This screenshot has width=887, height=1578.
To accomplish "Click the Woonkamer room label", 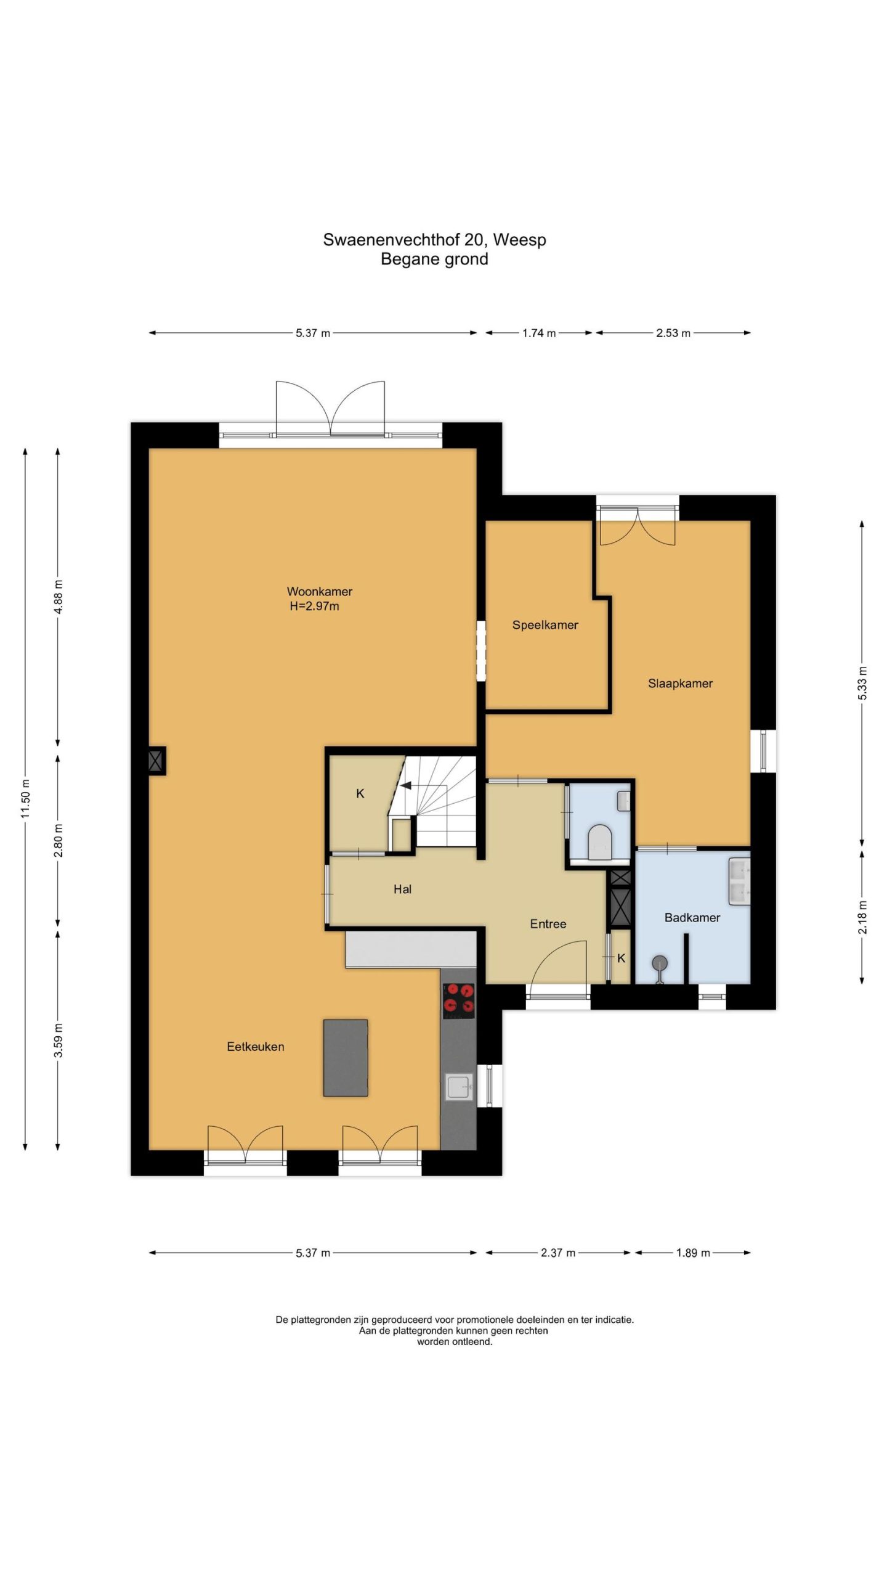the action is coord(319,591).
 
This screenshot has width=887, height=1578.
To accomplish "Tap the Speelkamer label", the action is coord(545,625).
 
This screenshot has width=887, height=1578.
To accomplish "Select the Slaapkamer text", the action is coord(680,683).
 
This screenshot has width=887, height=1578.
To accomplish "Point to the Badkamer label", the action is coord(692,917).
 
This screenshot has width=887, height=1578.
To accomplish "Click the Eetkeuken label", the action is coord(256,1046).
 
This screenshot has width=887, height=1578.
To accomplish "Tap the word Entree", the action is coord(548,923).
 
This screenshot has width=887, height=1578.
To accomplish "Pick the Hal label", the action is coord(402,889).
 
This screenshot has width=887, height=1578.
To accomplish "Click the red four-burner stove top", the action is coord(459,999).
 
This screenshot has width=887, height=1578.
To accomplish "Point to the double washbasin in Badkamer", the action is coord(739,881).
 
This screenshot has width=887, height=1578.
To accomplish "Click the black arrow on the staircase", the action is coord(406,785).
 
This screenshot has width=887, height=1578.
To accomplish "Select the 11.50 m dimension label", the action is coord(25,799).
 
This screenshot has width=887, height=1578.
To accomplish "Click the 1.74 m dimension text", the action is coord(539,333).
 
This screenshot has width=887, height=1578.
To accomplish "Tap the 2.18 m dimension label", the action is coord(862,917).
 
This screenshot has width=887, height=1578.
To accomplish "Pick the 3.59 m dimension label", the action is coord(58,1040).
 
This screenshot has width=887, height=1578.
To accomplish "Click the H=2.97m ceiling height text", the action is coord(314,606).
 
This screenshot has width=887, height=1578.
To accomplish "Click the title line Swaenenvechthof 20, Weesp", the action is coord(434,239).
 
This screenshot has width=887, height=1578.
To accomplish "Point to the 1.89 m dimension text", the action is coord(693,1253).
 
